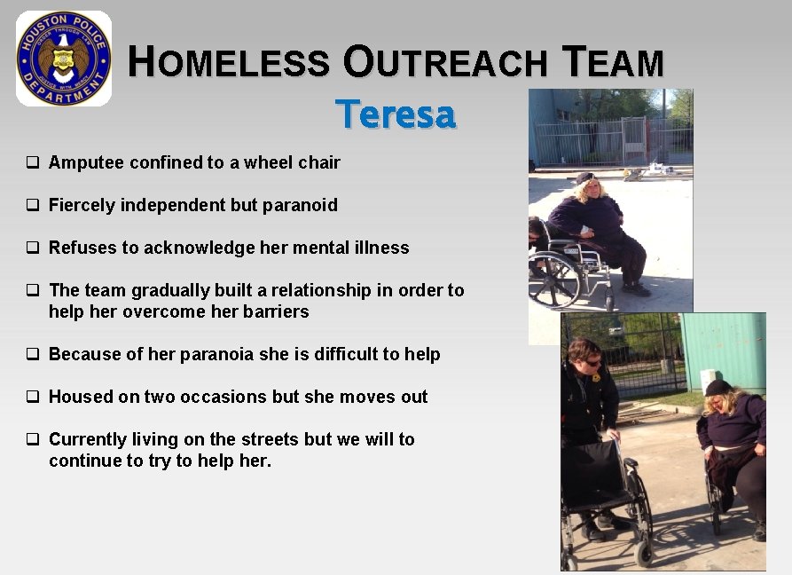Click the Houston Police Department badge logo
[x=64, y=59]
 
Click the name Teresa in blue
[x=396, y=114]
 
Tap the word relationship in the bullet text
[x=297, y=290]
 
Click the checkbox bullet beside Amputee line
[x=32, y=162]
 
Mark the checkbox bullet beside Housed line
[x=32, y=397]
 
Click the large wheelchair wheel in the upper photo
[x=554, y=280]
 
